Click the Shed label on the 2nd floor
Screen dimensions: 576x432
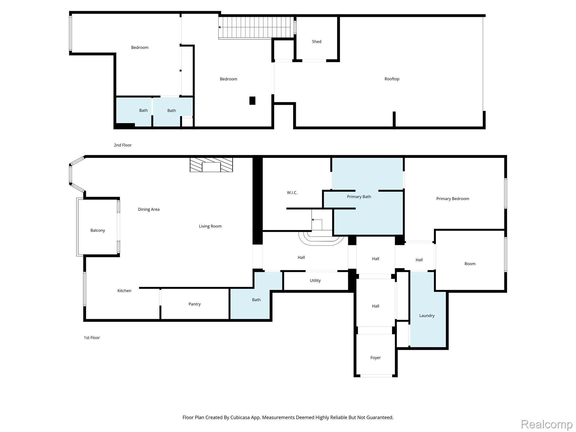[x=316, y=42]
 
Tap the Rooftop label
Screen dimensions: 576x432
[x=392, y=79]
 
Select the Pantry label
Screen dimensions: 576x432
[x=194, y=304]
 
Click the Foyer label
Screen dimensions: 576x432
[x=375, y=358]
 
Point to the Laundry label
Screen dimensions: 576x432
[x=427, y=316]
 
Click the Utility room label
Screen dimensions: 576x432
[x=315, y=280]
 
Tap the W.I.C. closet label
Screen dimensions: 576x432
[x=292, y=193]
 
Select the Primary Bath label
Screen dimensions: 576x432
[x=359, y=197]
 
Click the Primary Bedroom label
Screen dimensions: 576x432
[x=453, y=199]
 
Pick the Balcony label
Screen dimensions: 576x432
[x=98, y=230]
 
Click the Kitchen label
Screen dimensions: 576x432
[x=124, y=291]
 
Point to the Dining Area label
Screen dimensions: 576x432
[x=148, y=209]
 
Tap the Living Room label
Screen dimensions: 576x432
[x=210, y=226]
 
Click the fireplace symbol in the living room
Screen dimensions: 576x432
[x=211, y=165]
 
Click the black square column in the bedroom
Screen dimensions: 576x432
[x=252, y=101]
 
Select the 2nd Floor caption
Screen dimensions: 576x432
[x=123, y=145]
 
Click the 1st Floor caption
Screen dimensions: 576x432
[x=92, y=337]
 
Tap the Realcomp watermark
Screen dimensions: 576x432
[x=546, y=424]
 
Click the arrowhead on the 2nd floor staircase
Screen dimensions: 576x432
[x=220, y=27]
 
